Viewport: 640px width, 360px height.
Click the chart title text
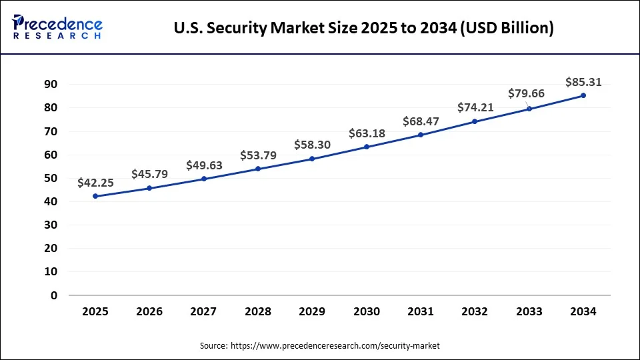pos(363,29)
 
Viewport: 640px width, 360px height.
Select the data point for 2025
pos(95,196)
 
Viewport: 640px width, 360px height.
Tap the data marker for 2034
pos(583,95)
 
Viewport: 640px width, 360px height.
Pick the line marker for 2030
pos(367,147)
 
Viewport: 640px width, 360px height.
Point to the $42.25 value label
pos(95,182)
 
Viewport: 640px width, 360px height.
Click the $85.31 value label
pos(583,82)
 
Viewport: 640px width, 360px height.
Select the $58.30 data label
pos(312,145)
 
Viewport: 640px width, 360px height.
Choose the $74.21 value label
pos(475,107)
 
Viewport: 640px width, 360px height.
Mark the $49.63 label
pos(204,165)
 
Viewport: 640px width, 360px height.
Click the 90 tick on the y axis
pos(51,84)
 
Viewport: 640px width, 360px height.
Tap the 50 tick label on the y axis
pos(51,178)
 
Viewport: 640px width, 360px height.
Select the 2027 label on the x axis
pos(204,311)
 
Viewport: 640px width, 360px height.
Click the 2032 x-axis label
pos(475,311)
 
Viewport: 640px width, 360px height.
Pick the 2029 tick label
pos(312,311)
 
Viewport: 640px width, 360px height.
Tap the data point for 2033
pos(529,109)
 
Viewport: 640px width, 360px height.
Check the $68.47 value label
pos(421,121)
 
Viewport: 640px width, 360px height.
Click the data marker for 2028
pos(258,169)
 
